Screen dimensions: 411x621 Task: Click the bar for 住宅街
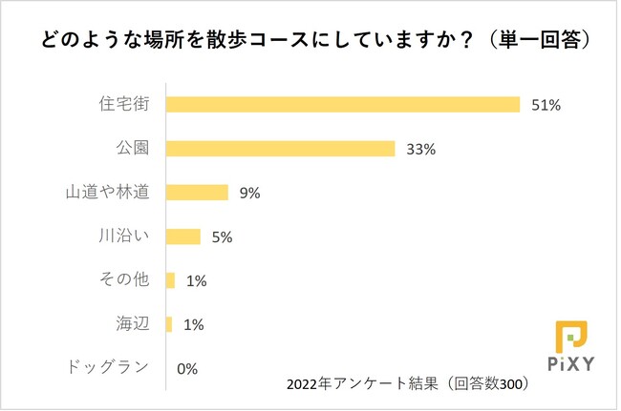(342, 104)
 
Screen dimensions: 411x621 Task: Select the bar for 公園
(280, 148)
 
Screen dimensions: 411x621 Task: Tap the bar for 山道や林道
(197, 193)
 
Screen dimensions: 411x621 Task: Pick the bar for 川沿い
(183, 236)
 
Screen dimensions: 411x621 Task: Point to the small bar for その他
(170, 280)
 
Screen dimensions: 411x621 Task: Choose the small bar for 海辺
(169, 324)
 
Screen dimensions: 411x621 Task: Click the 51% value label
(546, 105)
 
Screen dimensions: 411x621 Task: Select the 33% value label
(421, 149)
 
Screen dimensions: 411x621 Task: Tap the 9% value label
(250, 193)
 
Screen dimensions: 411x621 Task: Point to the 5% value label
(222, 237)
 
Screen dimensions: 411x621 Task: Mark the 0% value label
(186, 369)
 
